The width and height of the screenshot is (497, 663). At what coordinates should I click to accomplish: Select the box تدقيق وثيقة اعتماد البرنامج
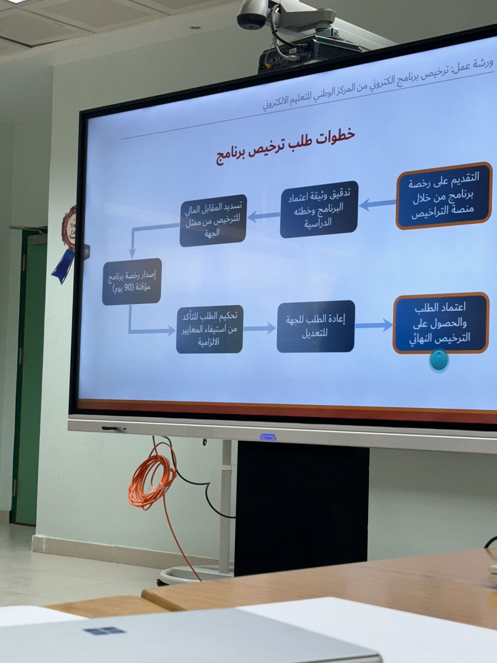(319, 209)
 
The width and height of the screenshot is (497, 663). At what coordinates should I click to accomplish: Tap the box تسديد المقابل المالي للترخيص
(213, 220)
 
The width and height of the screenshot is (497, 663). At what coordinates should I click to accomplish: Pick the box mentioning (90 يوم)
(132, 281)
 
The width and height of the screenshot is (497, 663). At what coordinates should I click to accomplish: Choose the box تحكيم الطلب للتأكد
(210, 329)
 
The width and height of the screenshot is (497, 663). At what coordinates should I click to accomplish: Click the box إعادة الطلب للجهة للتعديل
(316, 326)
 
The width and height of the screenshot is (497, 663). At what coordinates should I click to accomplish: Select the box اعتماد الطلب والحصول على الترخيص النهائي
(441, 323)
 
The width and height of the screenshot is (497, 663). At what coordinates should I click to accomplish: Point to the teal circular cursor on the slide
(439, 359)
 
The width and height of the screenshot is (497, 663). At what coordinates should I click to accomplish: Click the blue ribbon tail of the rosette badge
(63, 266)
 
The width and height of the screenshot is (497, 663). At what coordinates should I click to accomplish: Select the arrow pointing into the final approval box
(374, 325)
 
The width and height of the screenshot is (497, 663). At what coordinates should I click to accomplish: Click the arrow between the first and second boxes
(377, 204)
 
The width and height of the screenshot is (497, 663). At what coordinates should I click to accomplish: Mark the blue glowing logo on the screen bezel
(268, 437)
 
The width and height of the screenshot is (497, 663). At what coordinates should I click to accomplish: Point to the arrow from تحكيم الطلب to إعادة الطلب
(260, 328)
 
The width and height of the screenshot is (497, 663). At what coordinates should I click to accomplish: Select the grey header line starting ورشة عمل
(377, 86)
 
